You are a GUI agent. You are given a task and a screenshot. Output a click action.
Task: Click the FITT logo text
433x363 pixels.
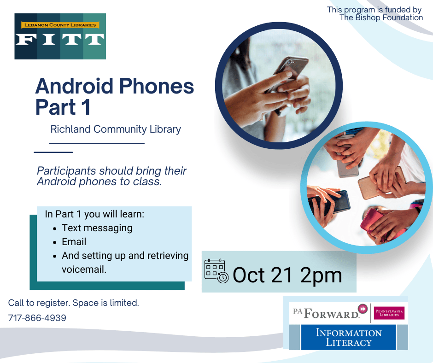[x=60, y=40]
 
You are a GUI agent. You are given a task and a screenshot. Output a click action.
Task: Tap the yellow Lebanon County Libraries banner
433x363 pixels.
[x=60, y=25]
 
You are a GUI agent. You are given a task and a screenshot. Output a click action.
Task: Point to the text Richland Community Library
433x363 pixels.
[x=116, y=129]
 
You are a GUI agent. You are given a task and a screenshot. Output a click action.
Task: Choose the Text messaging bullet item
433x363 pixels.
[x=97, y=228]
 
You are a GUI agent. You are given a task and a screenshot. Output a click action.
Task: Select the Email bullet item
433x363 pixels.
[x=74, y=242]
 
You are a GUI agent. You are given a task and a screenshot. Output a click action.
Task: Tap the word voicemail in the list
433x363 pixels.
[x=84, y=269]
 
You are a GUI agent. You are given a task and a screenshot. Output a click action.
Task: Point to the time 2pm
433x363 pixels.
[x=321, y=275]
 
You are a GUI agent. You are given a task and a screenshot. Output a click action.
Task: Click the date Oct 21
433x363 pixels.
[x=262, y=275]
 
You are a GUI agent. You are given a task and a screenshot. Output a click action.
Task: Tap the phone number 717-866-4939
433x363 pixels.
[x=37, y=318]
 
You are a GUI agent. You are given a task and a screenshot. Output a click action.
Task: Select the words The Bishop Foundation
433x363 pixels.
[x=381, y=18]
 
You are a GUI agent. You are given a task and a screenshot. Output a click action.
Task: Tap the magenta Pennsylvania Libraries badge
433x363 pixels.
[x=389, y=313]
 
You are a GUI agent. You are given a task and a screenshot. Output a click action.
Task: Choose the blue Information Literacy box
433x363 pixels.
[x=348, y=337]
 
